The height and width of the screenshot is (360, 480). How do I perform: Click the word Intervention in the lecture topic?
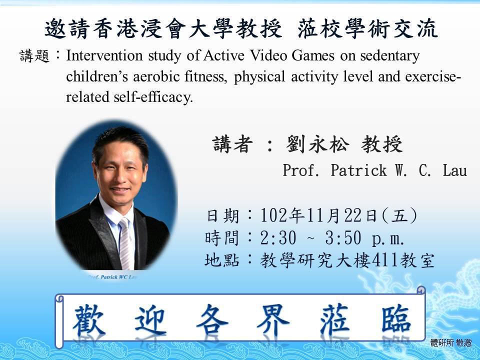[x=104, y=55]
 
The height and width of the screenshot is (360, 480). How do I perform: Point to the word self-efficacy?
[x=153, y=97]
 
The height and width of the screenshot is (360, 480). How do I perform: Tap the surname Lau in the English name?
[x=454, y=170]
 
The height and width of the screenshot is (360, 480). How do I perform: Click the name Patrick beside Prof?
[x=358, y=170]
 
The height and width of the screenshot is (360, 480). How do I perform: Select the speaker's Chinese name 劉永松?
[x=317, y=144]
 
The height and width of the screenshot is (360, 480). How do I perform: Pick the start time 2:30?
[x=278, y=237]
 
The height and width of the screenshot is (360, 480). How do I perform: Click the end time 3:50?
[x=343, y=237]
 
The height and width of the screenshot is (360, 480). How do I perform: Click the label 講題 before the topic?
[x=34, y=55]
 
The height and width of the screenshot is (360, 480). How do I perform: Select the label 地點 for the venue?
[x=222, y=260]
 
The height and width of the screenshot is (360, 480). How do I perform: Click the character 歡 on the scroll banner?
[x=89, y=320]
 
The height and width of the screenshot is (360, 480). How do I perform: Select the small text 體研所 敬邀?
[x=451, y=342]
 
